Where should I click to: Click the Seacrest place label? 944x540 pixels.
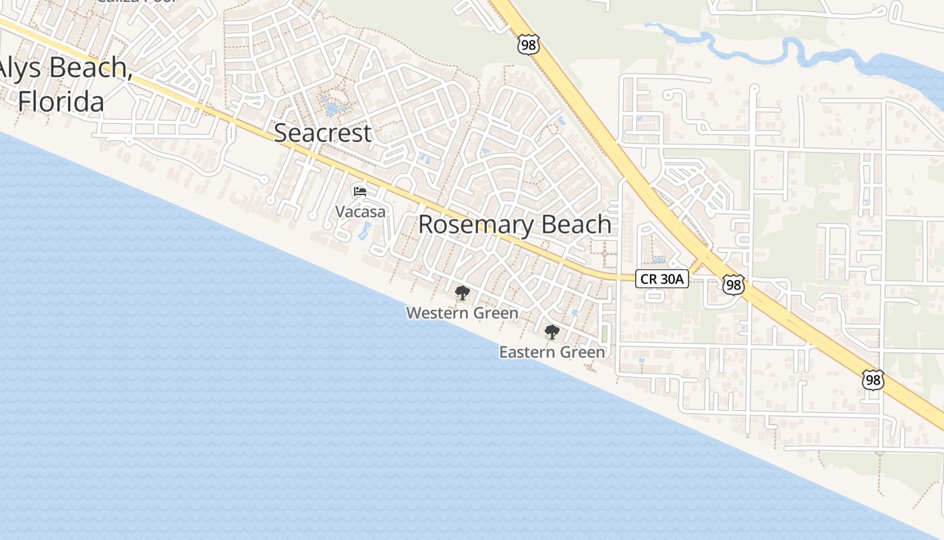pos(322,132)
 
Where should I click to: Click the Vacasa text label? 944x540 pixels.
pos(361,211)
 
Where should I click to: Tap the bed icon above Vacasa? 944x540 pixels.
pos(360,192)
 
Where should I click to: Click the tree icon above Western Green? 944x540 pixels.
pos(462,293)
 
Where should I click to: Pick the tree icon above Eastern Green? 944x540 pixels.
pos(552,332)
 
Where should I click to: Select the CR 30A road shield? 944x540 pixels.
pos(661,279)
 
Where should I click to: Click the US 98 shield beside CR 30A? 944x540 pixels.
pos(733,284)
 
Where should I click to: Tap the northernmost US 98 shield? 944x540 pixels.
pos(529,45)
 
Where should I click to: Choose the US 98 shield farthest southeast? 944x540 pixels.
pos(873,379)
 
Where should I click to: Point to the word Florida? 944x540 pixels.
pos(61,102)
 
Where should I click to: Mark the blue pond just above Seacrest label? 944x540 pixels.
pos(334,107)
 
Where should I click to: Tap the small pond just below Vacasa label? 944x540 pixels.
pos(363,231)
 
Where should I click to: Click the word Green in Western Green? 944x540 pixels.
pos(496,313)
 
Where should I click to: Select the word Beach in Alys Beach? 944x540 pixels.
pos(89,67)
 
